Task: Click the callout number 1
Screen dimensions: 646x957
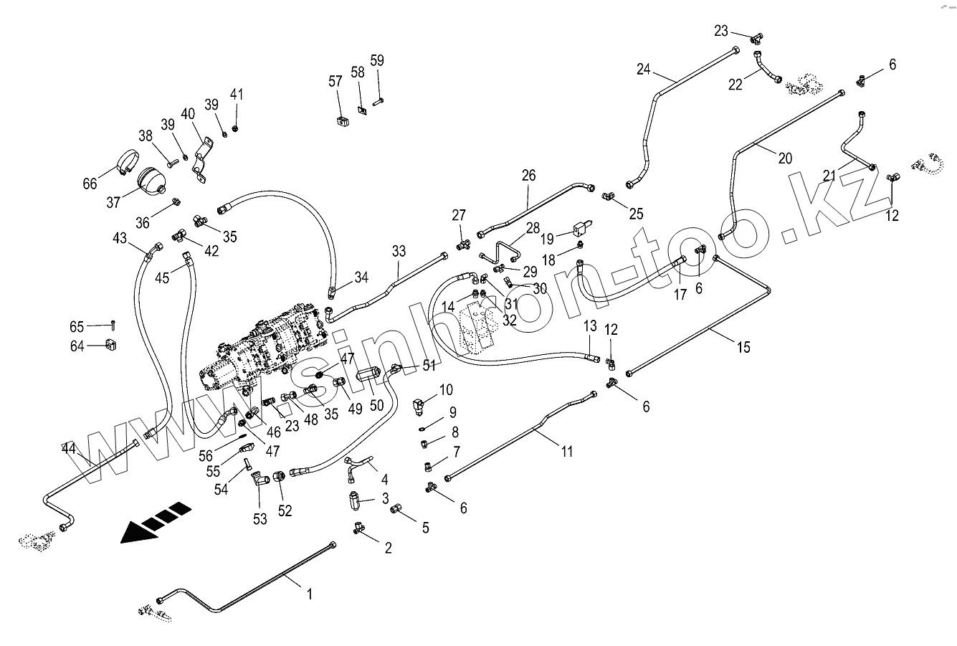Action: click(x=310, y=594)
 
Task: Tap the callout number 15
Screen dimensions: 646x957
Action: click(x=743, y=347)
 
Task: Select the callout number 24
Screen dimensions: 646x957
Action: click(x=643, y=70)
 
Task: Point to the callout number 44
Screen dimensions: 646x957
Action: click(x=69, y=449)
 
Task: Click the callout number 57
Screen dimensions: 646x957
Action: click(x=335, y=81)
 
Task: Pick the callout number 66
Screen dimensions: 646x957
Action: click(x=90, y=184)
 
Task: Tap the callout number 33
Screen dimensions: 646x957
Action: click(x=399, y=251)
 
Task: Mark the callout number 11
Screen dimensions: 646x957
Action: click(x=567, y=452)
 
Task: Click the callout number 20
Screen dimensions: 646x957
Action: click(x=785, y=158)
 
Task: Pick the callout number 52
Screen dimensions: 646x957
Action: click(x=285, y=510)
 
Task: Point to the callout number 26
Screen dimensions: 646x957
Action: click(x=528, y=174)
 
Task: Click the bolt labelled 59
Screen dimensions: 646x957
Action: click(x=378, y=99)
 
